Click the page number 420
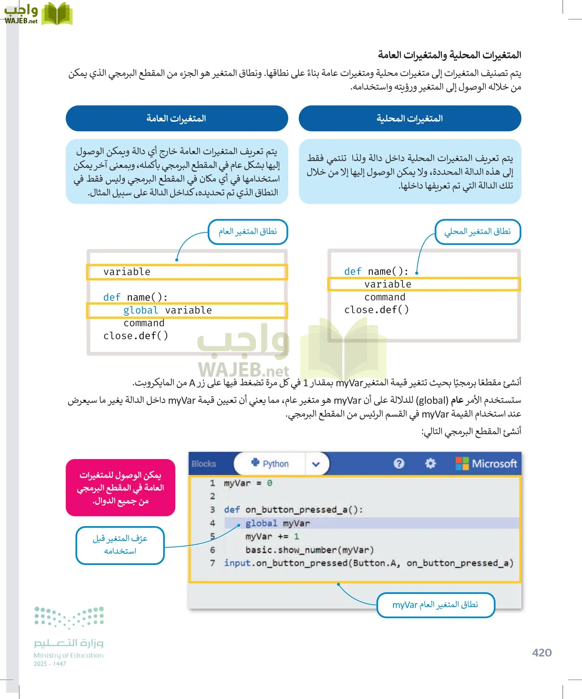pos(542,653)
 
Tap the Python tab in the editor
pos(270,464)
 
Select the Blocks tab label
pos(204,464)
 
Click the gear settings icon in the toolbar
pos(430,463)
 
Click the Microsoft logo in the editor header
pos(487,464)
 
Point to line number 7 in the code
pos(213,563)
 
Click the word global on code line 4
pos(261,523)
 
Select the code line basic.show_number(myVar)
pos(309,550)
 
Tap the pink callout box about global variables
pos(121,488)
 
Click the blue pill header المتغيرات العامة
pos(177,118)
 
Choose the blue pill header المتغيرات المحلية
pos(410,118)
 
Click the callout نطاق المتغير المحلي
pos(477,232)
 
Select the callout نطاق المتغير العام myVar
pos(435,605)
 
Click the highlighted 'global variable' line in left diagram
pos(168,311)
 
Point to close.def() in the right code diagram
pos(376,310)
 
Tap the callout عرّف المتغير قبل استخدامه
pos(120,545)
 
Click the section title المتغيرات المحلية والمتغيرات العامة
pos(449,55)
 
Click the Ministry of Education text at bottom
pos(69,656)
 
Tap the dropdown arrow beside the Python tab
pos(316,464)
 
